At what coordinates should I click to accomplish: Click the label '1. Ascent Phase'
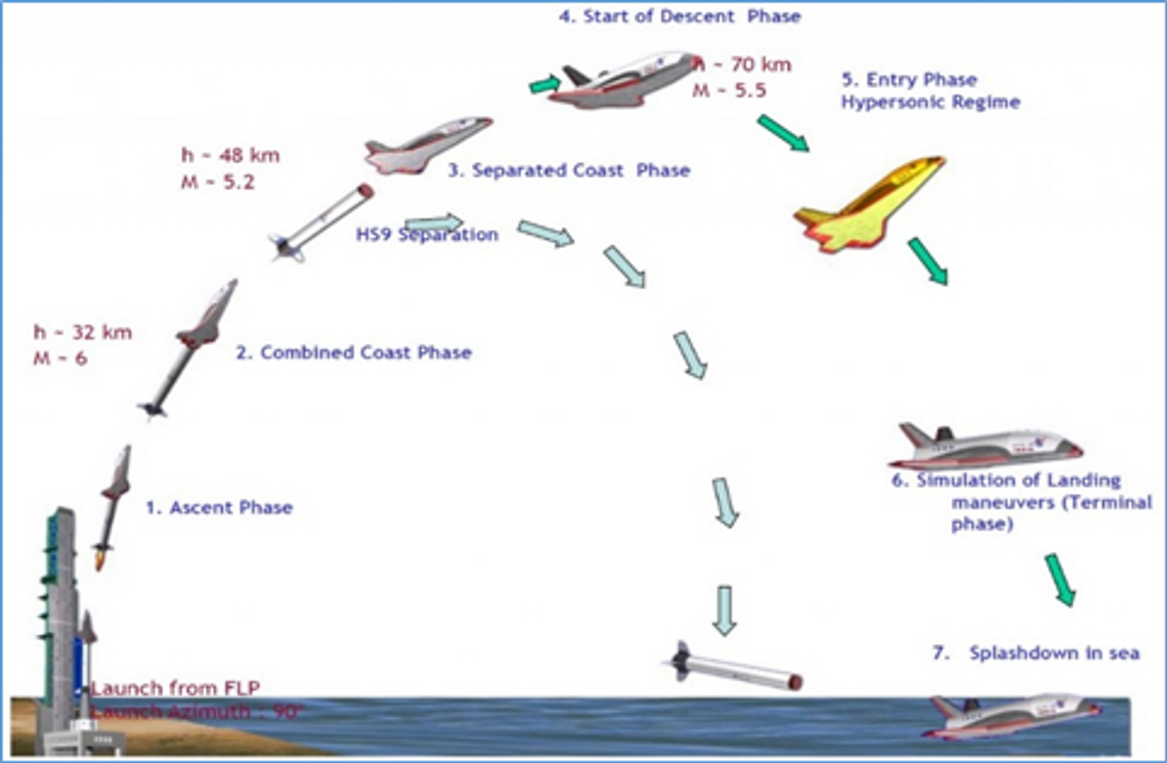[219, 508]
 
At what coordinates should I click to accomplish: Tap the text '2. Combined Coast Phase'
[354, 353]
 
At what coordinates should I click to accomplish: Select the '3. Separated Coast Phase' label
[569, 170]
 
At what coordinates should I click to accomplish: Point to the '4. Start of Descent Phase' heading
[680, 16]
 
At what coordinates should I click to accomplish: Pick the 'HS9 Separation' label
[427, 235]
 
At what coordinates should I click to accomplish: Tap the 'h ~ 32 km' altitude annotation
[83, 333]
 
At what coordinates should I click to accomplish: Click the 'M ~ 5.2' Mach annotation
[218, 182]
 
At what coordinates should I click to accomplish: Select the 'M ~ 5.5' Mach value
[729, 91]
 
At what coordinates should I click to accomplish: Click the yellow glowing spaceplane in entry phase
[869, 204]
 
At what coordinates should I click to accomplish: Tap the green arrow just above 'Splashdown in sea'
[1061, 580]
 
